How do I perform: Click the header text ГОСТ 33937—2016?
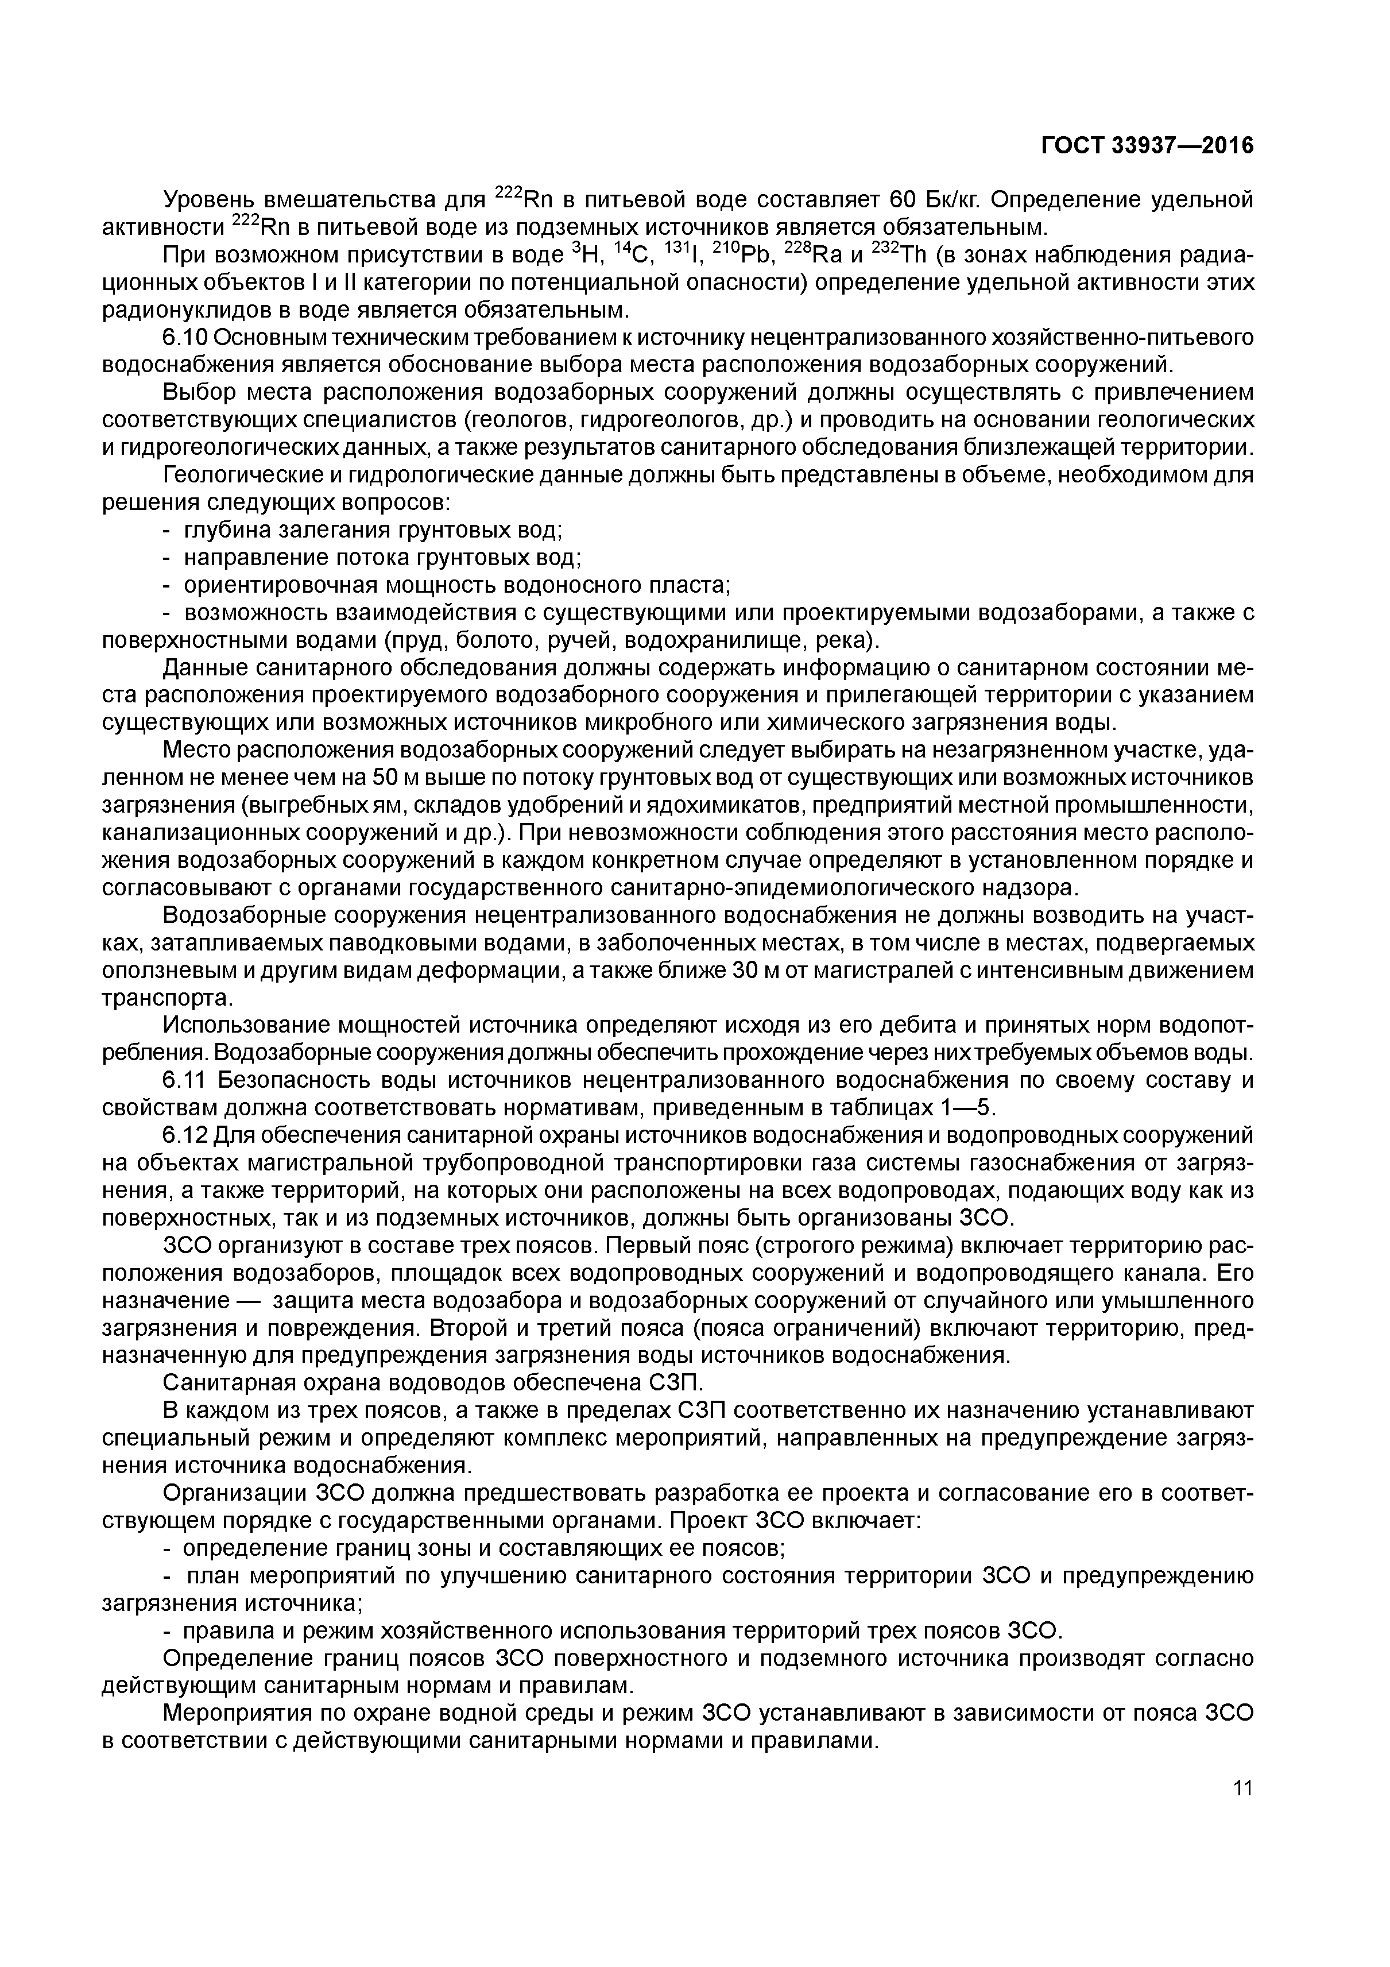point(1147,146)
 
